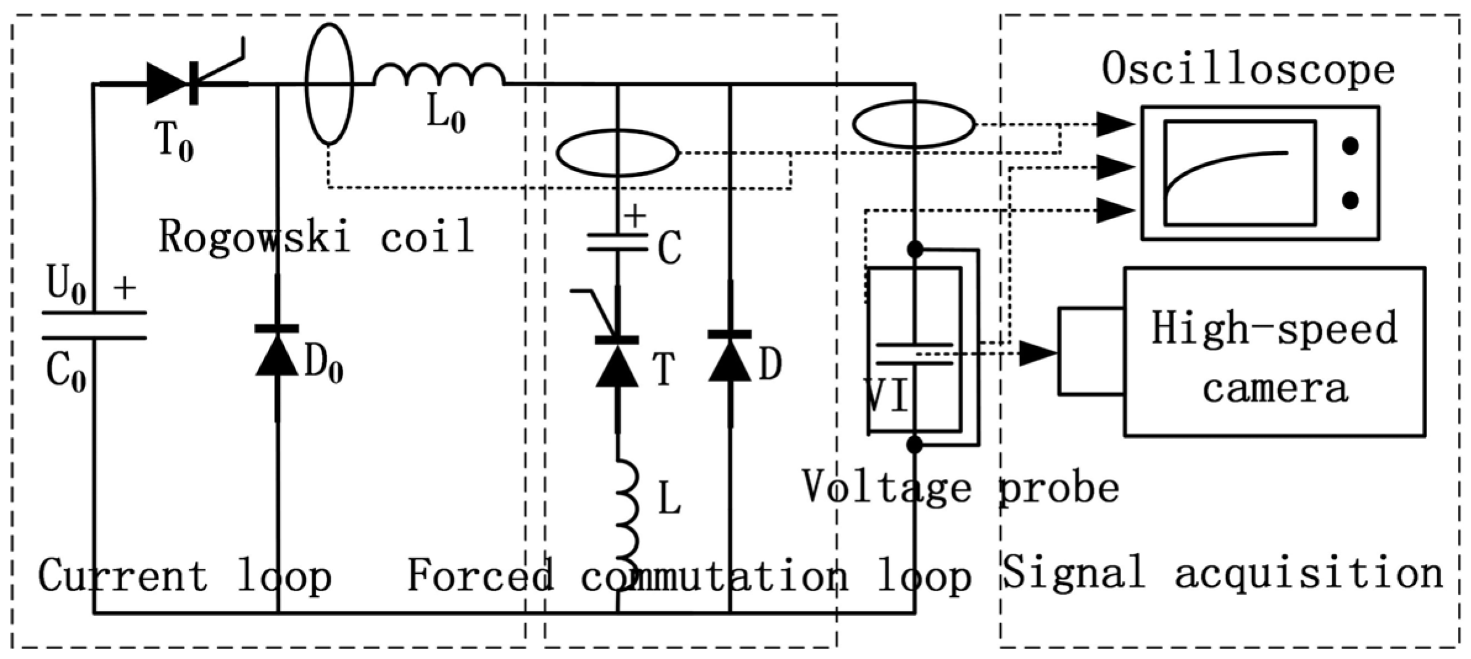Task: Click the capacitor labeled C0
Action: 94,325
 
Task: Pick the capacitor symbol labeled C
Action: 617,242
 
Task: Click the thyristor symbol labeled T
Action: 616,361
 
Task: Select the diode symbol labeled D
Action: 729,358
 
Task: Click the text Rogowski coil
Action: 316,236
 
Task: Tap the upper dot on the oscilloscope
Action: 1350,146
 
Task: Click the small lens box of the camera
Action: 1091,350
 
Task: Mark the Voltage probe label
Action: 959,487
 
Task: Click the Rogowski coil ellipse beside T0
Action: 330,83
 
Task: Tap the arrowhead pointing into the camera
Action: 1038,354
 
